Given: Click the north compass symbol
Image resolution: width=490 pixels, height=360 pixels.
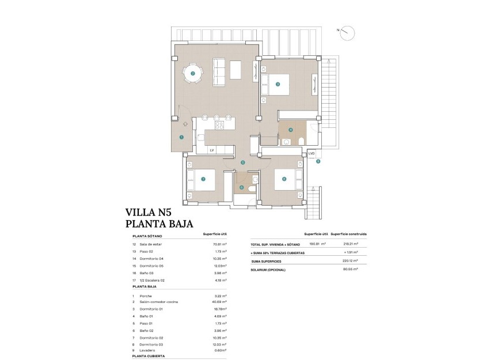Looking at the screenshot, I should [347, 33].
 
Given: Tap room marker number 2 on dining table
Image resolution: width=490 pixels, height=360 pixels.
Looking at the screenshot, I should [193, 74].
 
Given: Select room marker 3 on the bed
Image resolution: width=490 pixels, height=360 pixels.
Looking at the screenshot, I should [278, 84].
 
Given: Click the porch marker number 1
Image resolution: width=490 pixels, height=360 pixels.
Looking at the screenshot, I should [181, 138].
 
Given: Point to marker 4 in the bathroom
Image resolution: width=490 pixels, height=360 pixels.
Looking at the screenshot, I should [291, 130].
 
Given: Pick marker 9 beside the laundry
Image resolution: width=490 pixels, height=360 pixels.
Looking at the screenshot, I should [318, 162].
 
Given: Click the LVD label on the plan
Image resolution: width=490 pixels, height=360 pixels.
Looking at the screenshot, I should [311, 154].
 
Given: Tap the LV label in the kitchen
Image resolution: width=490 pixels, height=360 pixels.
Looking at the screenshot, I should [211, 150].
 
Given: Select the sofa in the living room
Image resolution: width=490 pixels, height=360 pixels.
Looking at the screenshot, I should [219, 69].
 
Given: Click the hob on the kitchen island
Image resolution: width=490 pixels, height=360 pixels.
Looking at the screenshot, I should [220, 125].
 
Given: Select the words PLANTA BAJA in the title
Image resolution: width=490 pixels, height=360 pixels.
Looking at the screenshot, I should [159, 224].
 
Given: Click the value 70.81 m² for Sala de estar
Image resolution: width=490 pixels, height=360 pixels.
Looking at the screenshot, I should [219, 244].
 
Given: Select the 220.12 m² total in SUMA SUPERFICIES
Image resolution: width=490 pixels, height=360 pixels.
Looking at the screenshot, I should [351, 260].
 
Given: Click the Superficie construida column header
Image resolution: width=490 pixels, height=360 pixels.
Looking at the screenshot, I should [350, 234].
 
